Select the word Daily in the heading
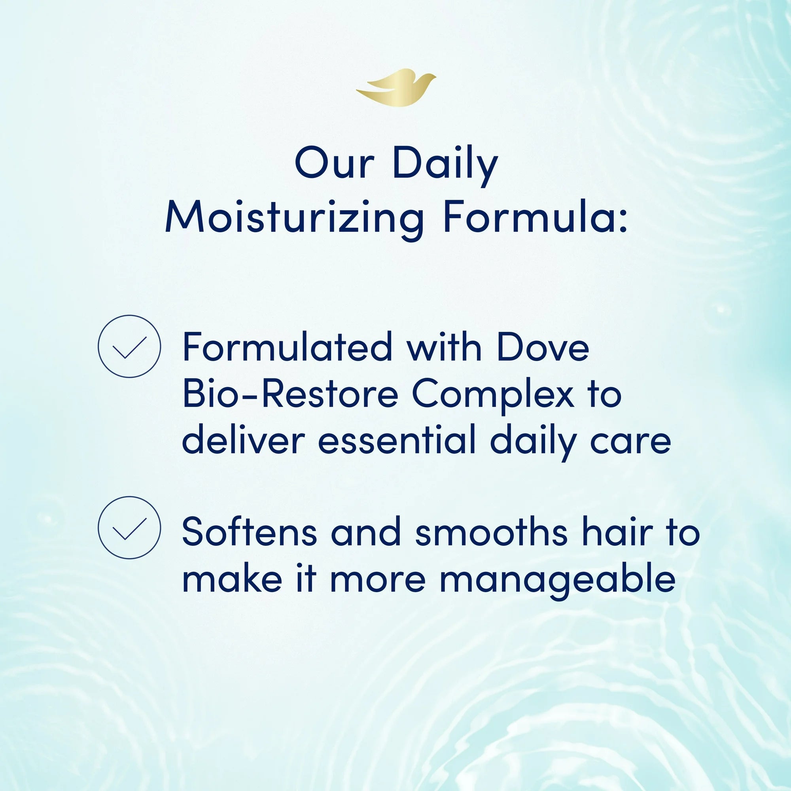(x=445, y=165)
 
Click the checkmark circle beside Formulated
(x=129, y=346)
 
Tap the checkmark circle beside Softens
(x=129, y=527)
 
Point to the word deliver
(x=244, y=440)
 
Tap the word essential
(x=396, y=440)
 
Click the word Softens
(x=249, y=532)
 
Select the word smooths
(x=491, y=532)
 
